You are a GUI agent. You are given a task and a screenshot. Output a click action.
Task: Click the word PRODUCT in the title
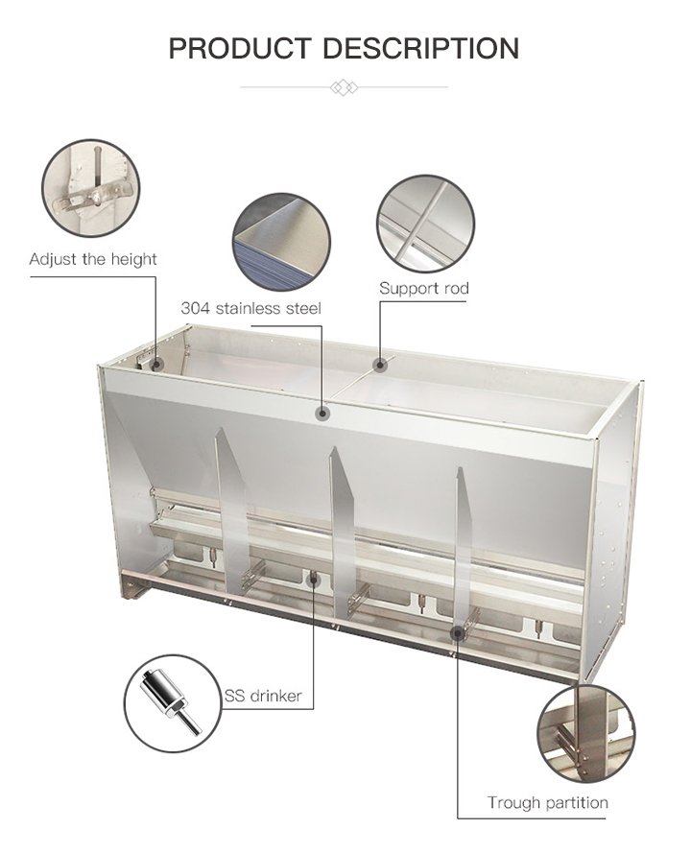click(x=239, y=48)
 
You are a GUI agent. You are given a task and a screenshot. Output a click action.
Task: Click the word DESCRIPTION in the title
click(x=421, y=48)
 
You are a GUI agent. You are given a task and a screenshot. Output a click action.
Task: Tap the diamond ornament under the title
click(x=344, y=87)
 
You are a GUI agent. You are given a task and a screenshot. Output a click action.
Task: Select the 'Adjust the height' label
click(x=93, y=259)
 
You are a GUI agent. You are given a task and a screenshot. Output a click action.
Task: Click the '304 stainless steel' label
click(x=250, y=308)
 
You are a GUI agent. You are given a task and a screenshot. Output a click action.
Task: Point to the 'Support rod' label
click(x=424, y=288)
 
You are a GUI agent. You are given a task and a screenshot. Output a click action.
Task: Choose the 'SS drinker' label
click(x=263, y=696)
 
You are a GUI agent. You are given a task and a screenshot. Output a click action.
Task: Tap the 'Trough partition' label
click(x=547, y=802)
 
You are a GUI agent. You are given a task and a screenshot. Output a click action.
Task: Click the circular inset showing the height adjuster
click(x=91, y=188)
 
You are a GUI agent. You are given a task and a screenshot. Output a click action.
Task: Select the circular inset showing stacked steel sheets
click(x=282, y=242)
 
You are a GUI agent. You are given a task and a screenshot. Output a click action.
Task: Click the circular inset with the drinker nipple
click(x=173, y=703)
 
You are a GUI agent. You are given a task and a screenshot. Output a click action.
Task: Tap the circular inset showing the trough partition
click(x=586, y=734)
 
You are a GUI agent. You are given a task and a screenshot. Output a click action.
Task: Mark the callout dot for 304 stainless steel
click(x=323, y=414)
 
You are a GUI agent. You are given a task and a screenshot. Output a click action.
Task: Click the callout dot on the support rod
click(x=380, y=364)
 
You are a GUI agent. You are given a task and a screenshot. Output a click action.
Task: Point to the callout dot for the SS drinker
click(x=314, y=580)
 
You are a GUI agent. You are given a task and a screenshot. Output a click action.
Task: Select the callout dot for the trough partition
click(x=458, y=632)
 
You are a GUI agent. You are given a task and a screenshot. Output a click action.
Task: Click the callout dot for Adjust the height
click(x=156, y=364)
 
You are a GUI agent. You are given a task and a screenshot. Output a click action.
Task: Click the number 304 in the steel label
click(x=195, y=308)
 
